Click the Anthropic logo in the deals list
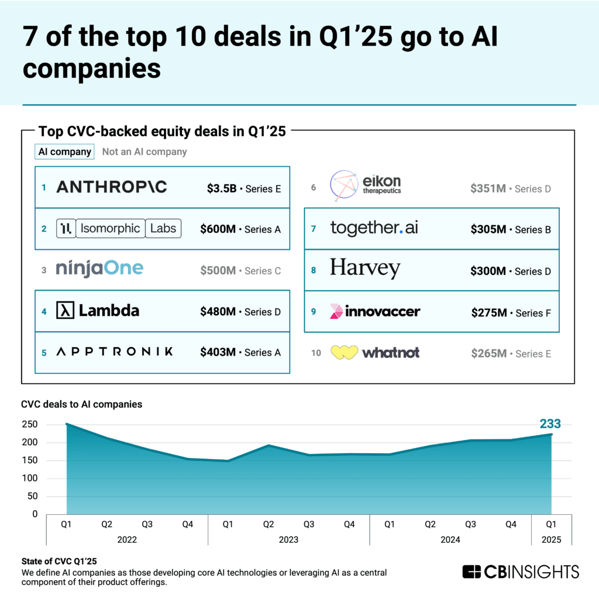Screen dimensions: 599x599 click(111, 187)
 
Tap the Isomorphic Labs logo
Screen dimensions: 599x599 click(119, 228)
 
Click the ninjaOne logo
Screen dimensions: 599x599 click(99, 269)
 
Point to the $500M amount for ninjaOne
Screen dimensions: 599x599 click(218, 271)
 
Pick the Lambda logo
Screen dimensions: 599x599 click(98, 311)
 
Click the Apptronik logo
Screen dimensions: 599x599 click(115, 352)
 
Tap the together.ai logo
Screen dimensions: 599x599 click(374, 228)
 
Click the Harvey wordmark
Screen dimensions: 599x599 click(365, 269)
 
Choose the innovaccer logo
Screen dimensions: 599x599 click(375, 311)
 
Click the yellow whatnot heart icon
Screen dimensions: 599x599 click(344, 353)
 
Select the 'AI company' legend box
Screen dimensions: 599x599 click(64, 152)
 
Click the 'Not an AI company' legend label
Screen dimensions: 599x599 click(144, 152)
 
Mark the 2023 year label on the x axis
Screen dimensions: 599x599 click(288, 539)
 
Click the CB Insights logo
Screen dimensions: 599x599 click(521, 572)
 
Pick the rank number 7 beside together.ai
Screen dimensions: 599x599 click(314, 229)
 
